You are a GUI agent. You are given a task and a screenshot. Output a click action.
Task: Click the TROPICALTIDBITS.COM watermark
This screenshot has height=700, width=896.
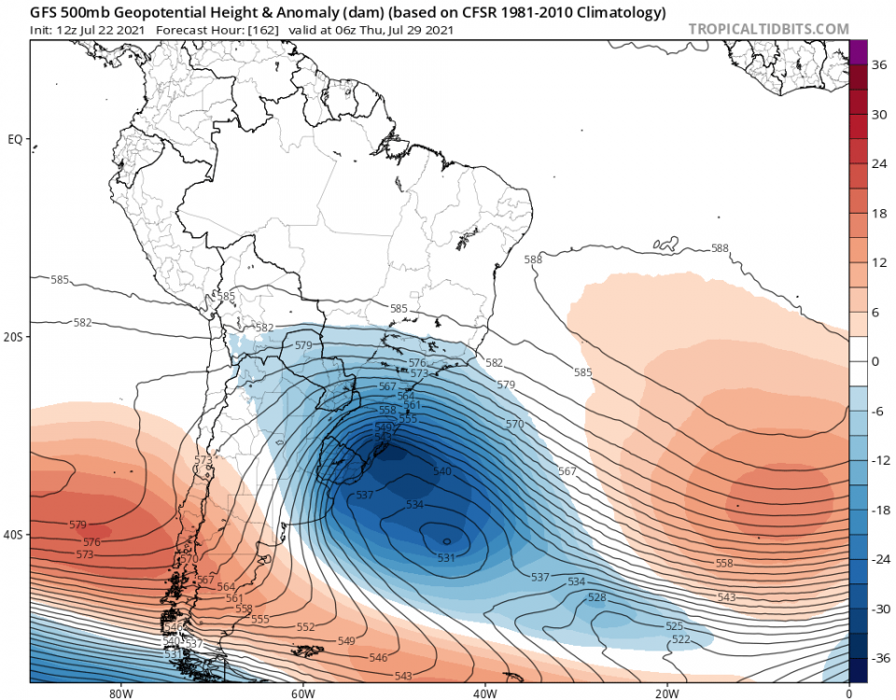tap(769, 29)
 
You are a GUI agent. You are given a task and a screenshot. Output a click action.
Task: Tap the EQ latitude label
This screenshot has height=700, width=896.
tap(15, 139)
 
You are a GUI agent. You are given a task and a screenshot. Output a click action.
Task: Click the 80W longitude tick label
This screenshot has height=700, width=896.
tap(119, 693)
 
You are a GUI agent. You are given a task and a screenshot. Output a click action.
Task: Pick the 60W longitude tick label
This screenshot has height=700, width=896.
tap(301, 693)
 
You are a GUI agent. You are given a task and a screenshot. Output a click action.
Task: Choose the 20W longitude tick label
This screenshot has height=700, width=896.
tap(666, 693)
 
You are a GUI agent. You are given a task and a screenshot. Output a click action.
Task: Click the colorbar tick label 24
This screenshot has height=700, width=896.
tap(879, 163)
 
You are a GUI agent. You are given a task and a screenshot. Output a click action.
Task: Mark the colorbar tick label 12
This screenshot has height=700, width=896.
tap(879, 262)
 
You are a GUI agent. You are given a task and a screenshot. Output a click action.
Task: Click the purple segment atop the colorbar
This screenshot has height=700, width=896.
tap(859, 52)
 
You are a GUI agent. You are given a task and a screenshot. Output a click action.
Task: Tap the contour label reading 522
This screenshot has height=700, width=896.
tap(680, 639)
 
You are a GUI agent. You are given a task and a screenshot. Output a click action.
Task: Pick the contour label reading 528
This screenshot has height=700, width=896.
tap(597, 597)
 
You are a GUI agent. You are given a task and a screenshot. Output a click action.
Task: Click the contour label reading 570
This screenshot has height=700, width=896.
tap(514, 425)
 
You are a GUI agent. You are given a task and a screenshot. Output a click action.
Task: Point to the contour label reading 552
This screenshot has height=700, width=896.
tap(305, 627)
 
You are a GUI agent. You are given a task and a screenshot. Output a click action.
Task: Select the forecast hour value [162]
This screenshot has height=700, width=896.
tap(261, 29)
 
